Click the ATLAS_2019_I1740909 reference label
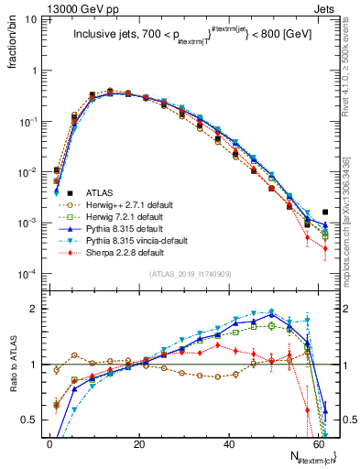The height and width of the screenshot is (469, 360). pos(190,274)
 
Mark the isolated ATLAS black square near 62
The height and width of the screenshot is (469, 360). pos(325,213)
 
